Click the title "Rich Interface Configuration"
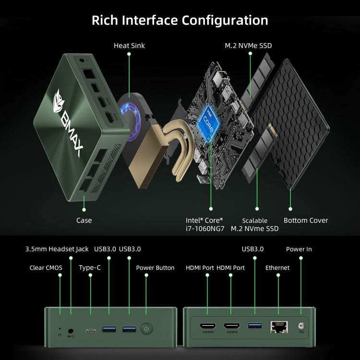(180, 21)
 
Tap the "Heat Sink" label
(129, 46)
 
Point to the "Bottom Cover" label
(306, 220)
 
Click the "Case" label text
(84, 220)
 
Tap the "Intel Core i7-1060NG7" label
(205, 224)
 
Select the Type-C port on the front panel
(91, 330)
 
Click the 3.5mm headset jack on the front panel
(72, 330)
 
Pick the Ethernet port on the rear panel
(278, 327)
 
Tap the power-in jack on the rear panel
(301, 326)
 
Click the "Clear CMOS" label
(46, 267)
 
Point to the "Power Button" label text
(156, 267)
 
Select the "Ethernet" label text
(277, 267)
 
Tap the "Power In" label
(299, 249)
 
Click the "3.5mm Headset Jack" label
(57, 249)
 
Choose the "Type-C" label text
(90, 267)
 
